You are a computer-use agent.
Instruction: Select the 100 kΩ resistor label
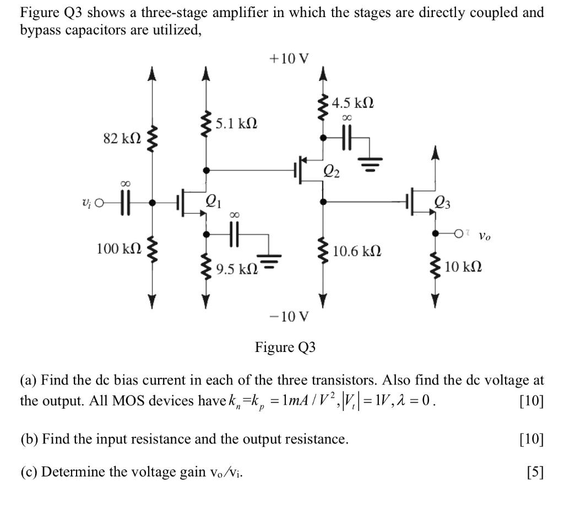(117, 248)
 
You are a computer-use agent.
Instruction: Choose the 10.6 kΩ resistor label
(357, 252)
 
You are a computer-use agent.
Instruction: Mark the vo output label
(484, 236)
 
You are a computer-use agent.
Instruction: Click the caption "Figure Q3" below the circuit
(285, 348)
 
